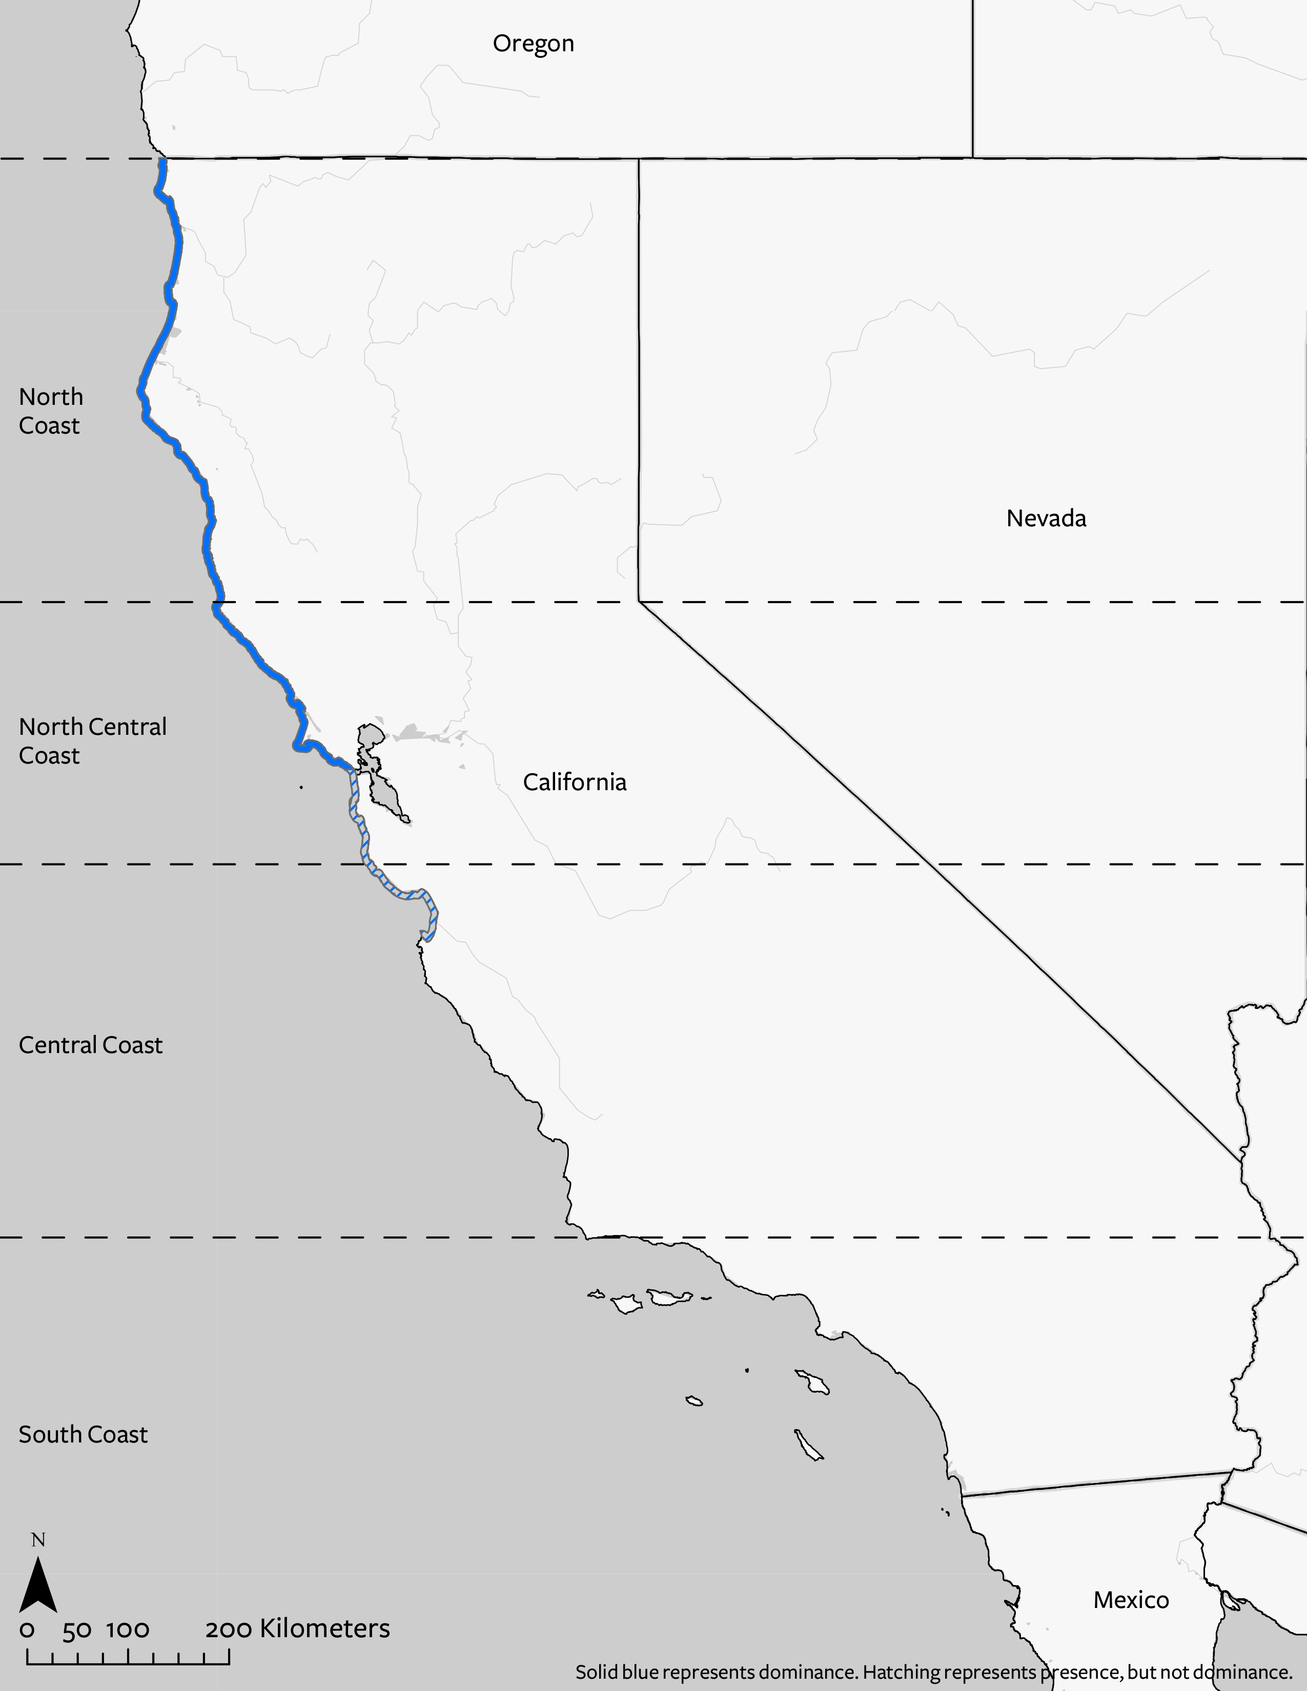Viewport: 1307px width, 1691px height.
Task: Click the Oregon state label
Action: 534,44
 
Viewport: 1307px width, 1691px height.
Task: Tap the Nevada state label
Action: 1046,518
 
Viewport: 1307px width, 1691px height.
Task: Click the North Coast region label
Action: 50,411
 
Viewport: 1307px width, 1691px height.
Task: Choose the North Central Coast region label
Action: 92,741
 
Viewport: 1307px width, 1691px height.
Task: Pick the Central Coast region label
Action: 91,1045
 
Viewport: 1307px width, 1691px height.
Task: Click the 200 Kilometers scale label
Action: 297,1629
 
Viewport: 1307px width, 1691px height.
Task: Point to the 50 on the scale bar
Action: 77,1631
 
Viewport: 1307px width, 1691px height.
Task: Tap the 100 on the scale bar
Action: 128,1631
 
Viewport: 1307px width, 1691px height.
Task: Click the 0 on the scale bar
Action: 27,1631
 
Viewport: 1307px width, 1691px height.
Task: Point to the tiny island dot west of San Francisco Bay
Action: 301,788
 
